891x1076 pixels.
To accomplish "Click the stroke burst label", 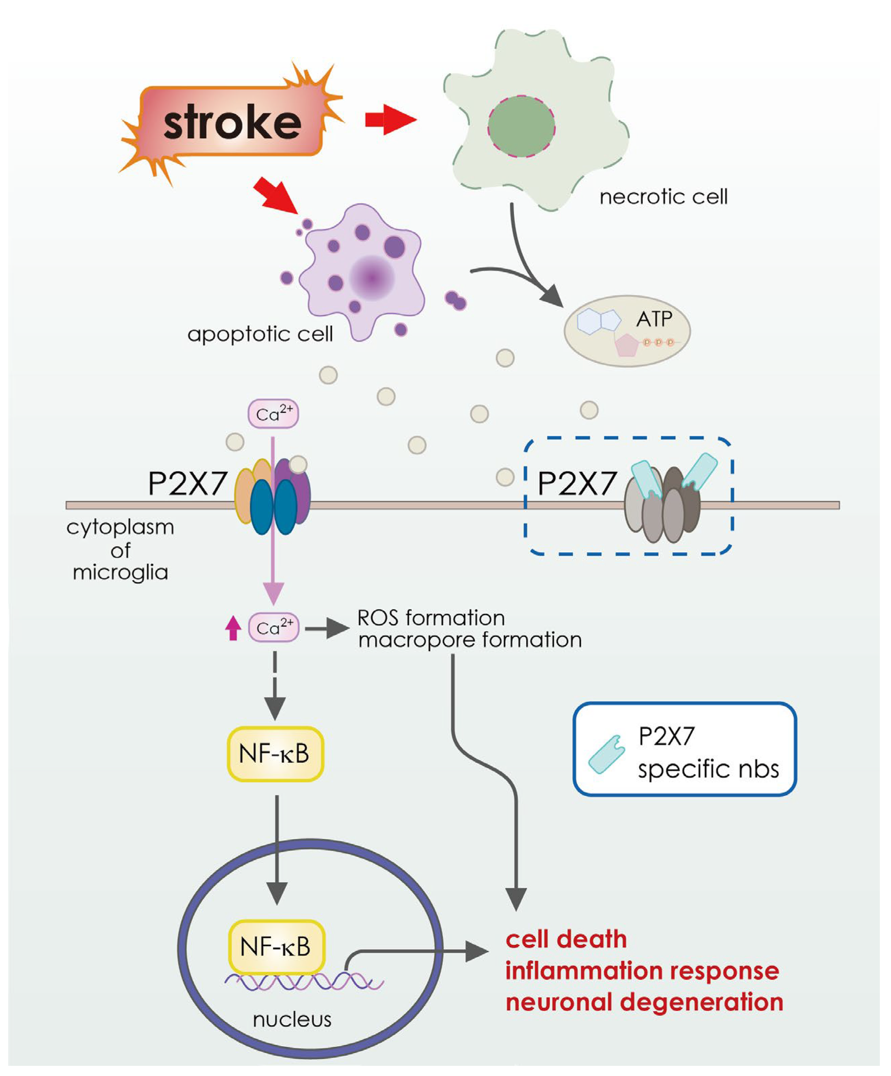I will (231, 122).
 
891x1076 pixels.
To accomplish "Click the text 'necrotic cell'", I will (663, 197).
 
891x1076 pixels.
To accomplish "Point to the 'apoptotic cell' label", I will (260, 334).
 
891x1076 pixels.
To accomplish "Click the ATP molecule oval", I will (627, 331).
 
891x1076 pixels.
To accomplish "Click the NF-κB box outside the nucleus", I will (275, 754).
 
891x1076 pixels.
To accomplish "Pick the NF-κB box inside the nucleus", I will (276, 946).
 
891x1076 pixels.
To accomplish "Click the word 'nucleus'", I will (292, 1019).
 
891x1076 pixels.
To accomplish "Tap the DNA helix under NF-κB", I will (304, 982).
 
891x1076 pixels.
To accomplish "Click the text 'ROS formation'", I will (431, 618).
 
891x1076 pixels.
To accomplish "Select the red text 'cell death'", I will (566, 939).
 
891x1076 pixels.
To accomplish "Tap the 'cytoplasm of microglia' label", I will (120, 550).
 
